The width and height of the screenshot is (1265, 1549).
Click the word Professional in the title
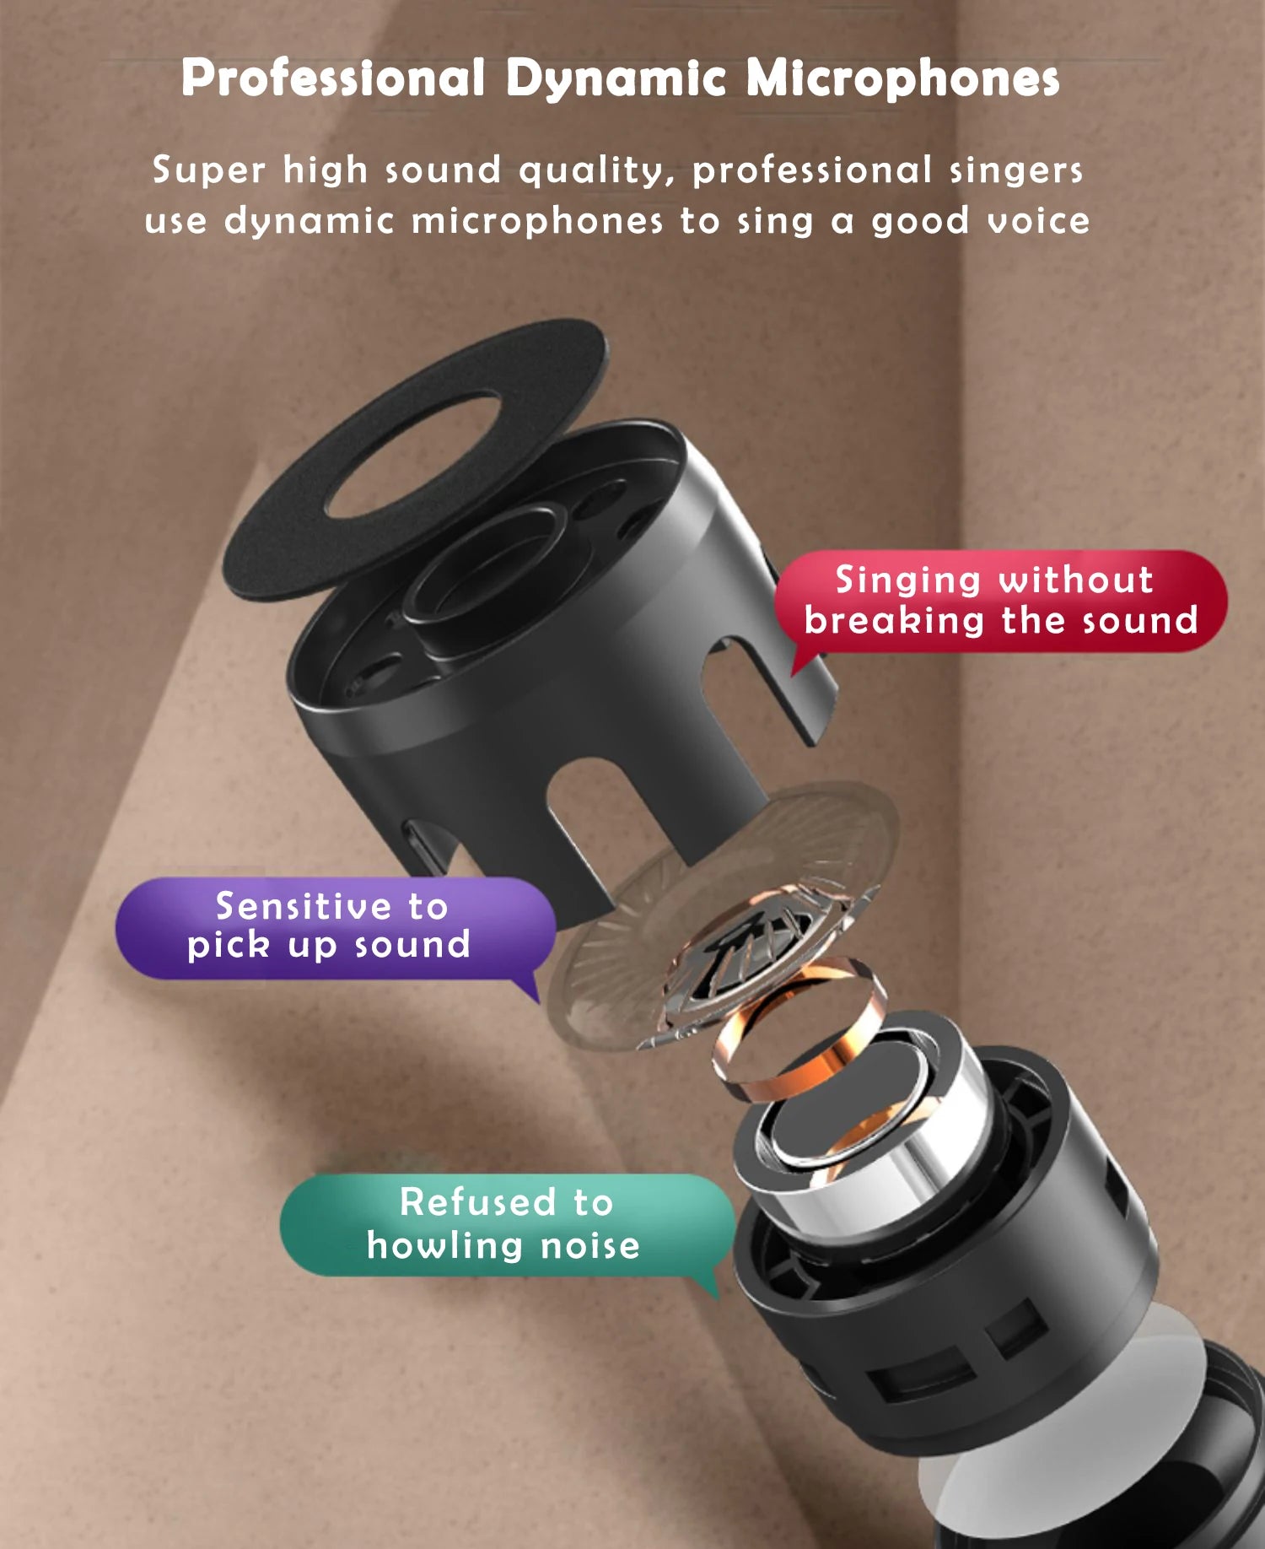(333, 78)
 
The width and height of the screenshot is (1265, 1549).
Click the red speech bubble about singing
(1000, 601)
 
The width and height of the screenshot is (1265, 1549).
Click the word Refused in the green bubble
(478, 1202)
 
